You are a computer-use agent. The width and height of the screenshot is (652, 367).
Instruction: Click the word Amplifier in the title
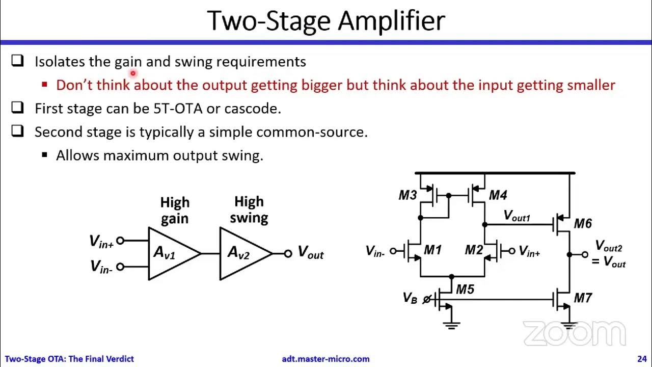click(x=392, y=21)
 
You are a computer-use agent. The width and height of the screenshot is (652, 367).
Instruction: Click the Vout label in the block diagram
click(x=310, y=252)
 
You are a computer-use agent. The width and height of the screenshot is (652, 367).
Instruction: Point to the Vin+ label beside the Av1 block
click(x=101, y=241)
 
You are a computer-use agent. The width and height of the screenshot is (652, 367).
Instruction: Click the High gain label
click(x=175, y=210)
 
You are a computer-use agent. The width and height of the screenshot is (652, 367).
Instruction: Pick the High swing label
click(x=249, y=209)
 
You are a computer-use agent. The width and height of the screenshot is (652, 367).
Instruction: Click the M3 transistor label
click(x=407, y=195)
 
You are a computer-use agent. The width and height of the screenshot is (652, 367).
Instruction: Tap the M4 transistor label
click(x=498, y=195)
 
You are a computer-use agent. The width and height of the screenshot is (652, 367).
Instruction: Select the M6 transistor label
click(x=583, y=223)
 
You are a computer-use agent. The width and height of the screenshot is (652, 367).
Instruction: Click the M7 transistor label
click(x=583, y=298)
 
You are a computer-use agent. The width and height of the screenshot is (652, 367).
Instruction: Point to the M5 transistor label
click(x=465, y=290)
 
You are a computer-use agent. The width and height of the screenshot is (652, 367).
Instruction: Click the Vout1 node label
click(x=517, y=216)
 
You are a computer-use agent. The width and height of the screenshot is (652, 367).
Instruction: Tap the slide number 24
click(x=641, y=359)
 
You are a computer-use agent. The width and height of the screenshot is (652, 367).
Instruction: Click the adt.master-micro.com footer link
click(x=325, y=359)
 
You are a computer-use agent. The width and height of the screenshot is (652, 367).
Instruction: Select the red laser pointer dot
click(x=132, y=73)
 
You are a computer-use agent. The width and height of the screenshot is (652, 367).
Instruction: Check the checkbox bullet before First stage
click(x=18, y=108)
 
